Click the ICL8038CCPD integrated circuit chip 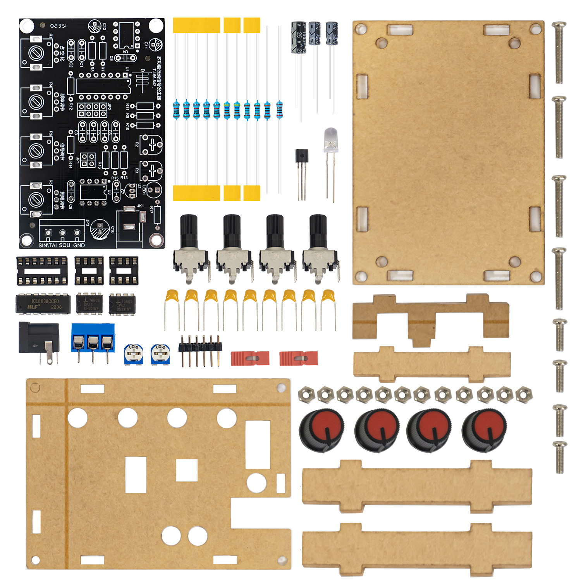[43, 304]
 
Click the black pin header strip [200, 347]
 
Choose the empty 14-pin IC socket [42, 271]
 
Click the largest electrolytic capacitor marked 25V [299, 37]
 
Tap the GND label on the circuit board [79, 245]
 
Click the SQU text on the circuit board [65, 245]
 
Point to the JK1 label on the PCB [140, 206]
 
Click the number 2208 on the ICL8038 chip [56, 307]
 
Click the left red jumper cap [250, 358]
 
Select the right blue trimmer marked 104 [160, 354]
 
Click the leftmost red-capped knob [321, 430]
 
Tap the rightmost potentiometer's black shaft [318, 230]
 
